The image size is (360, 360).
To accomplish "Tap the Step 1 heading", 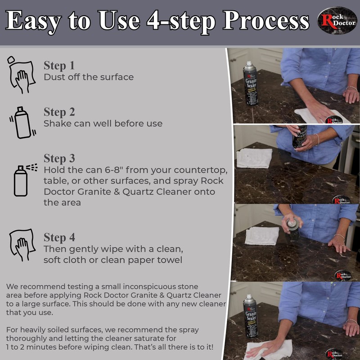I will pos(59,65).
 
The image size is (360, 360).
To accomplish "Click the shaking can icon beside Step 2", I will pos(20,121).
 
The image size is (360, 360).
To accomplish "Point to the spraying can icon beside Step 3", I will pos(23,180).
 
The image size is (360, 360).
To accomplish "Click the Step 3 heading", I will pos(59,159).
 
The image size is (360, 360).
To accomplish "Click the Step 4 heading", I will pos(59,238).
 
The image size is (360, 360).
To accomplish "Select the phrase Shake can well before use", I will pos(103,123).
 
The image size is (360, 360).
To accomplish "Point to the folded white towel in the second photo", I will pos(254,158).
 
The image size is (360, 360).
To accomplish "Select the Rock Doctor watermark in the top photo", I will pos(333,120).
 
